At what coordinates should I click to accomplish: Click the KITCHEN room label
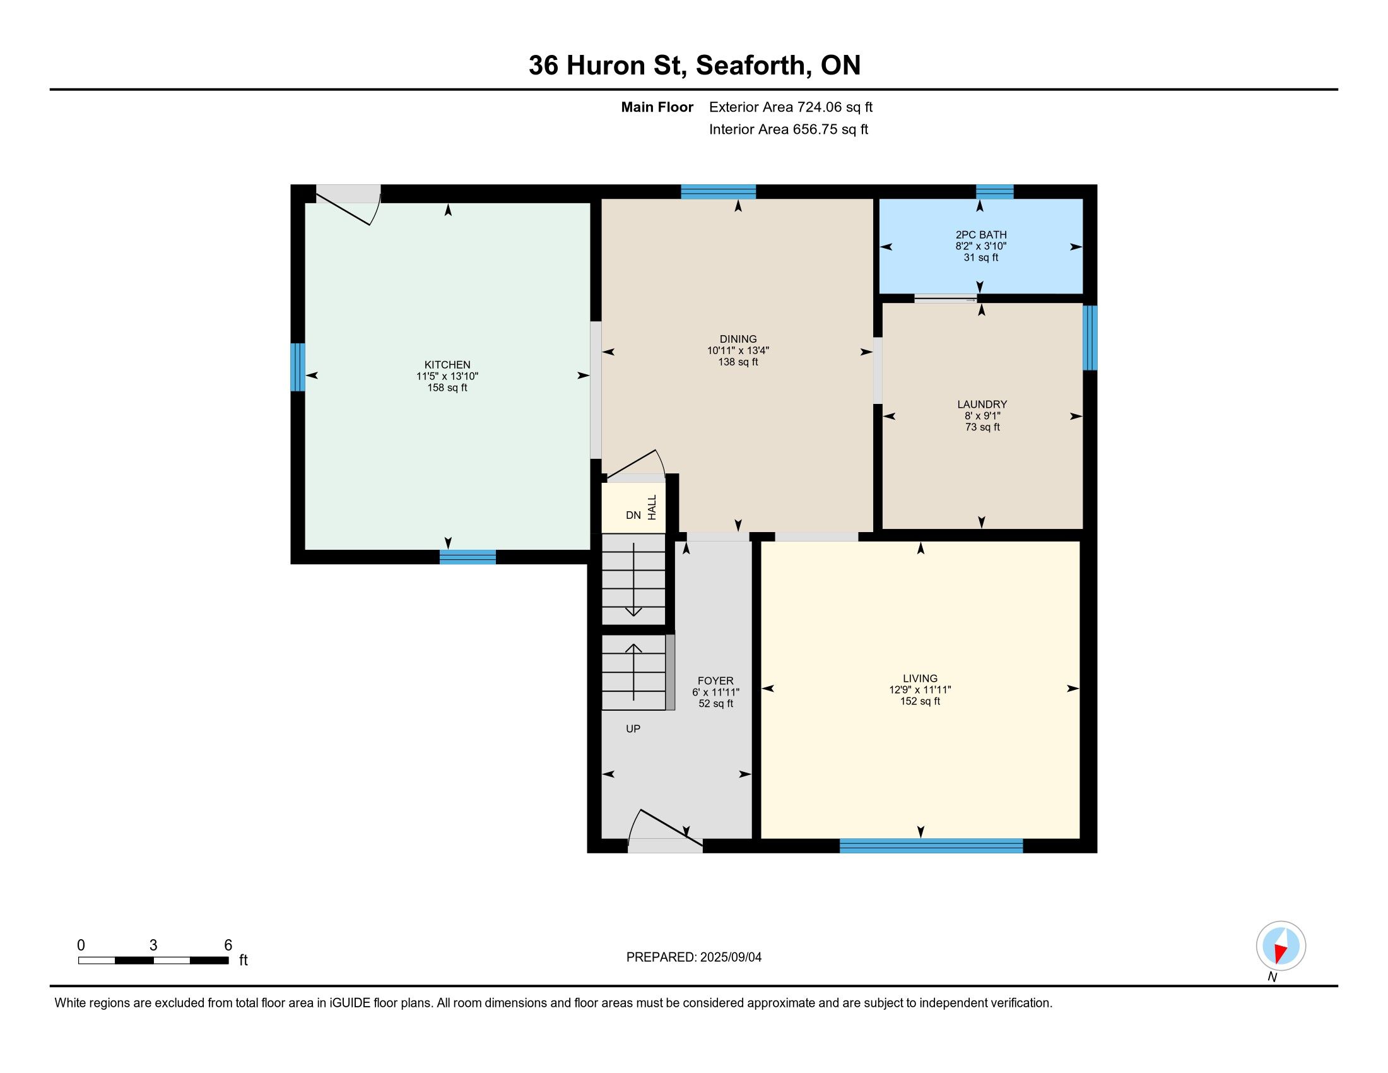447,365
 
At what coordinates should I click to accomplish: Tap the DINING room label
738,340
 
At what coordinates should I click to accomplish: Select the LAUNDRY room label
982,405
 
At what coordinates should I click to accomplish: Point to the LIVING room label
920,679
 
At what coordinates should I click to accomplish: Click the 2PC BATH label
980,235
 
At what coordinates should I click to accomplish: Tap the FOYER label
715,681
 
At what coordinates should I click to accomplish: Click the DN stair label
633,515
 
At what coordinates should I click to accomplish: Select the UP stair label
633,728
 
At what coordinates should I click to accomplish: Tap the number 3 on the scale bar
153,946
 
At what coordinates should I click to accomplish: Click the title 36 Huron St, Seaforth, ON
695,65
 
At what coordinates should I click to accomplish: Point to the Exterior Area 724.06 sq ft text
791,107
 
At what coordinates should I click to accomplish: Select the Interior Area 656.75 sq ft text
788,129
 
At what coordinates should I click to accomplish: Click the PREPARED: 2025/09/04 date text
693,957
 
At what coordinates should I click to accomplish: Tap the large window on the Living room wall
931,845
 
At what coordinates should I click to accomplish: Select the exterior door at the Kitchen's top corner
348,205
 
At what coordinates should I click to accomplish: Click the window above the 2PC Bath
994,191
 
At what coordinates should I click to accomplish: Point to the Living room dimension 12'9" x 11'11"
920,690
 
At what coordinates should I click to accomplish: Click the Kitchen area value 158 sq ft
447,388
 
